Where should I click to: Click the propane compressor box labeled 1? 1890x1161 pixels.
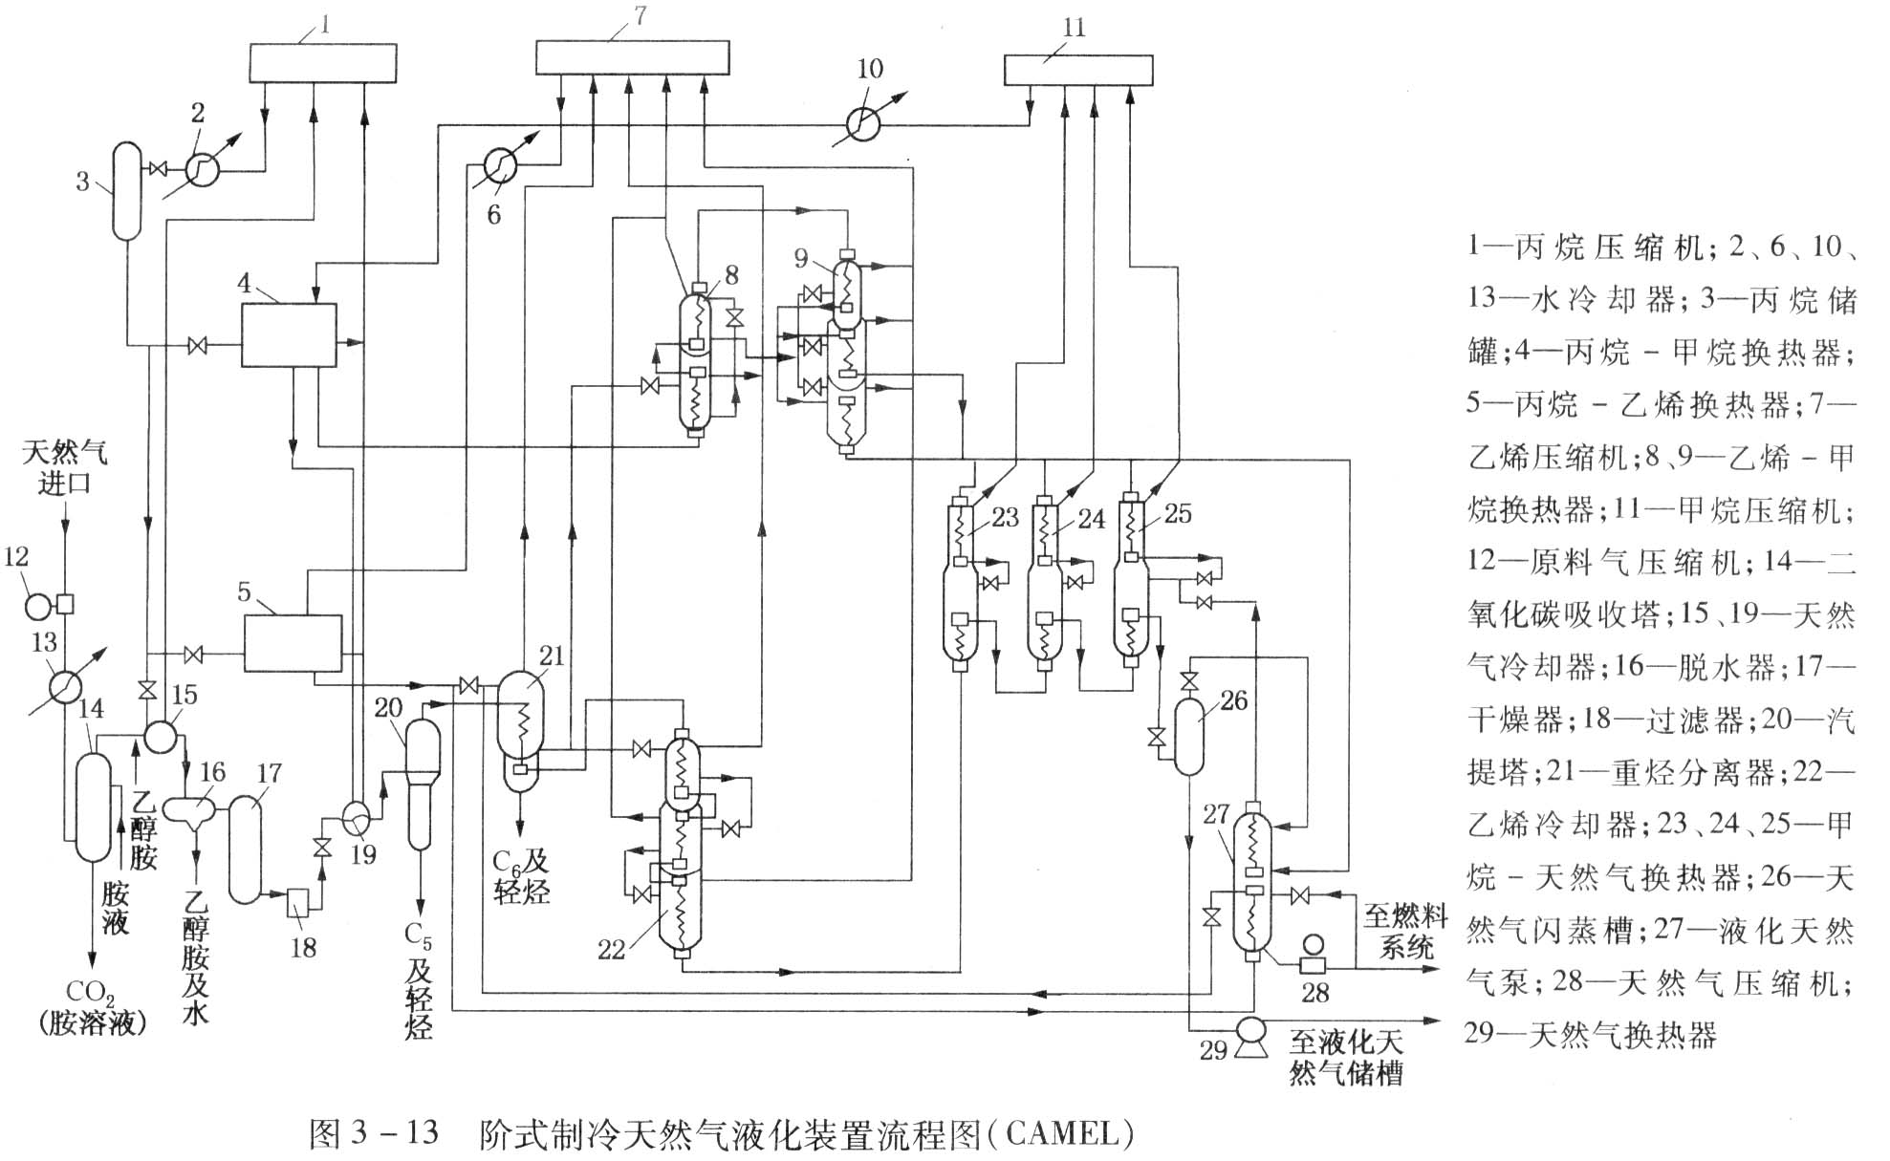click(x=322, y=62)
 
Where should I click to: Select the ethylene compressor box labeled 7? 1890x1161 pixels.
click(x=632, y=57)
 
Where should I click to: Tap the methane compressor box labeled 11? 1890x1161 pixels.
click(x=1078, y=71)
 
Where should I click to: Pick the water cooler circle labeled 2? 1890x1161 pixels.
click(x=203, y=170)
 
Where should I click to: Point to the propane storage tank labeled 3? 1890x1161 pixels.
click(x=126, y=191)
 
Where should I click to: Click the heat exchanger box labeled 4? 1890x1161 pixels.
click(x=289, y=335)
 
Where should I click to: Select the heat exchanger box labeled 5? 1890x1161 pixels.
click(x=293, y=643)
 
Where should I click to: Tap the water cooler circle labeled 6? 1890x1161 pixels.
click(x=500, y=165)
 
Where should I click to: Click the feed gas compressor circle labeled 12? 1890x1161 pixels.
click(x=38, y=605)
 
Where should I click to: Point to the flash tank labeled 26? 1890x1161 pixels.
click(x=1188, y=736)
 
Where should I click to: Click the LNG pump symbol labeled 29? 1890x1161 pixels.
click(x=1248, y=1034)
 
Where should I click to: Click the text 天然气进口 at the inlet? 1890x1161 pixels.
click(x=64, y=466)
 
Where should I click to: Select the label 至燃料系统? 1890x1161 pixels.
click(x=1404, y=932)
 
